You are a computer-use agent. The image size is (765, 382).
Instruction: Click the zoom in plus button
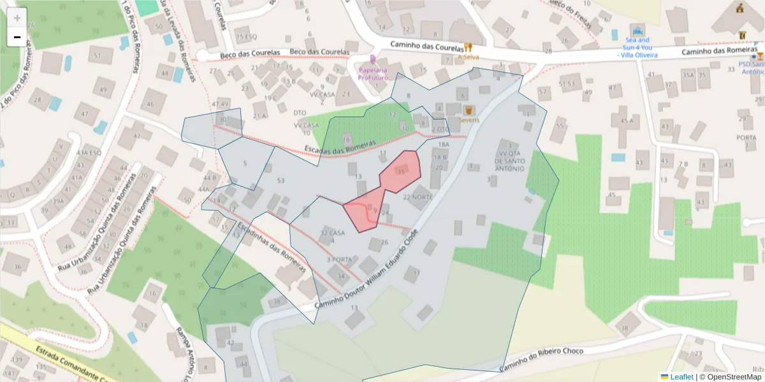tap(17, 18)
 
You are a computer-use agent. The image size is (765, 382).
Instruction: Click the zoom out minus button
tap(17, 37)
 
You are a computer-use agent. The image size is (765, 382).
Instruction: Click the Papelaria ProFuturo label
tap(372, 73)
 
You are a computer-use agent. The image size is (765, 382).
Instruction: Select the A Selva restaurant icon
tap(469, 47)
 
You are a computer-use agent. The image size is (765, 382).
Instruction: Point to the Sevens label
tap(469, 120)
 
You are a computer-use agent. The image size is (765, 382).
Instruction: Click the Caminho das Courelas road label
tap(426, 46)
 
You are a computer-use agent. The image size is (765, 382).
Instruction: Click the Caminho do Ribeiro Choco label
tap(541, 358)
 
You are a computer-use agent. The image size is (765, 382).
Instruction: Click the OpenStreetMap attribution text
tap(734, 377)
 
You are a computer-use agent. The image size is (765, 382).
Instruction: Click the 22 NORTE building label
tap(418, 197)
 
